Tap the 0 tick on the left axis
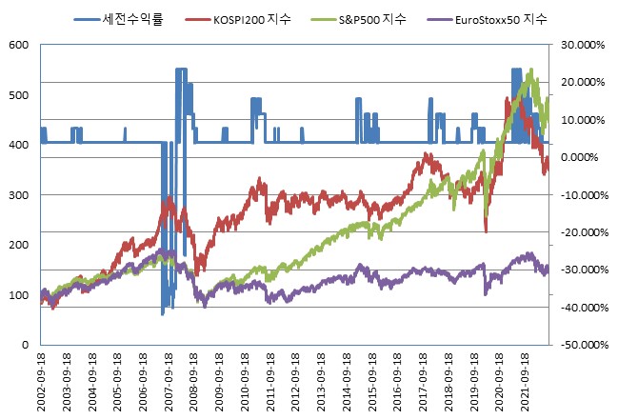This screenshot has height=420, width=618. point(26,344)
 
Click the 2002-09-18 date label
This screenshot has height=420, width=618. point(42,381)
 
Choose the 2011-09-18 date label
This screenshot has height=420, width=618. point(269,381)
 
